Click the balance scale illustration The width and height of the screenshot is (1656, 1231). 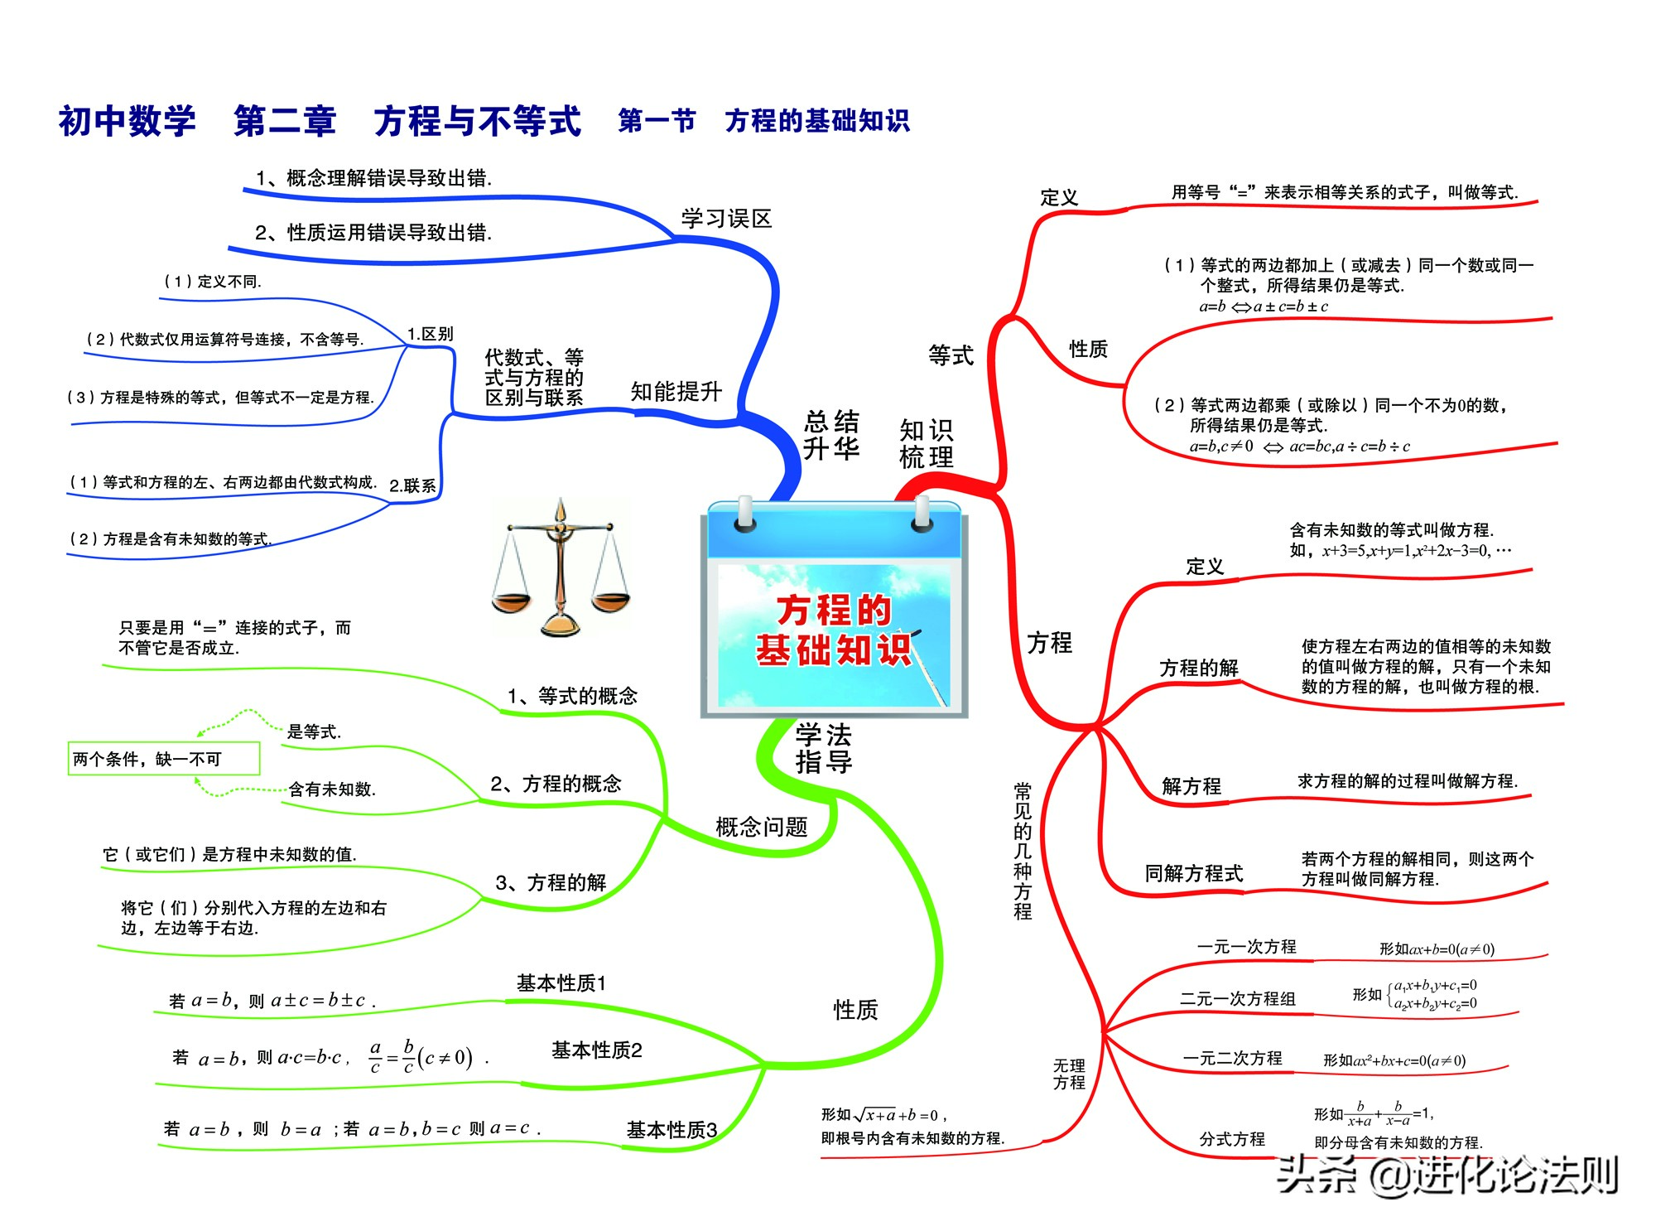(x=561, y=568)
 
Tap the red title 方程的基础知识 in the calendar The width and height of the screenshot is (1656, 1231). (x=834, y=630)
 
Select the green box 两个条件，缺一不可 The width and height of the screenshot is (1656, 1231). (x=164, y=759)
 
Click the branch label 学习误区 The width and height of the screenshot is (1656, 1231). (x=726, y=219)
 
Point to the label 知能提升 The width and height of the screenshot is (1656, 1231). (x=676, y=391)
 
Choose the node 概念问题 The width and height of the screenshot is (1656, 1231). (x=761, y=827)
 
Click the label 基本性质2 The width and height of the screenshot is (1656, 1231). (x=597, y=1050)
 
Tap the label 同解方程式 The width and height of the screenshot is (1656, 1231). (x=1194, y=873)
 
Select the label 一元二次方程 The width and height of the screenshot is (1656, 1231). (x=1232, y=1059)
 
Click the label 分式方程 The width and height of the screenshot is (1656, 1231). (x=1232, y=1139)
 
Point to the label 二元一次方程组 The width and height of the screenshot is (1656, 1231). (x=1237, y=999)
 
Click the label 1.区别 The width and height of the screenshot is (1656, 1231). (x=430, y=334)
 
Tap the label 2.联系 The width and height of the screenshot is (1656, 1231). (x=412, y=485)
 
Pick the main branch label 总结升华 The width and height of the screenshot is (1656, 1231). (x=831, y=434)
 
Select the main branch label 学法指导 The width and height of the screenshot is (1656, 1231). (x=824, y=748)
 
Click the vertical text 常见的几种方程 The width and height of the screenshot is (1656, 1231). (x=1023, y=851)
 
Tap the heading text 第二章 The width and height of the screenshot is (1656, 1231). (x=285, y=121)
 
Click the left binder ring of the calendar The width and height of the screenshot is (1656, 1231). (x=745, y=514)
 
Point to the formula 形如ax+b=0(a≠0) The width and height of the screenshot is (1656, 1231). (x=1437, y=949)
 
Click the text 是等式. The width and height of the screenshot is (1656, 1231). (x=314, y=731)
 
